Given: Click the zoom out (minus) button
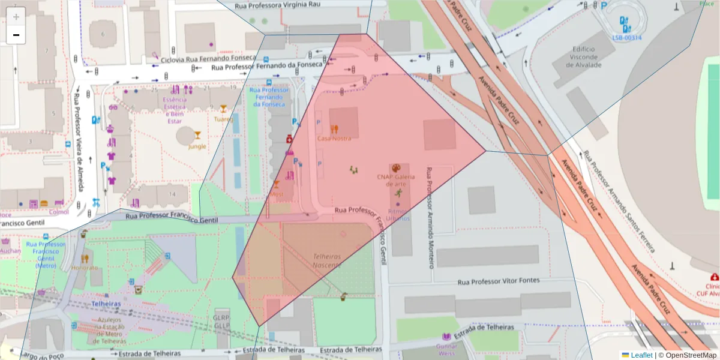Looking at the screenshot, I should pyautogui.click(x=16, y=35).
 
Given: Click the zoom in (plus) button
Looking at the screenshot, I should pyautogui.click(x=16, y=17).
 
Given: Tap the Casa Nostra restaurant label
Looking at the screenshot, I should pyautogui.click(x=334, y=139).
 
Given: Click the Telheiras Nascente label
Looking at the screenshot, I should pyautogui.click(x=326, y=260).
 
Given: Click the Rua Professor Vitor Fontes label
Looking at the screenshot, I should pyautogui.click(x=498, y=281).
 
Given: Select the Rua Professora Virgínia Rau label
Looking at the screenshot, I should pyautogui.click(x=277, y=5).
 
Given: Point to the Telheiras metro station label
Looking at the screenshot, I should pyautogui.click(x=106, y=304).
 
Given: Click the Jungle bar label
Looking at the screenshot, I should pyautogui.click(x=197, y=146).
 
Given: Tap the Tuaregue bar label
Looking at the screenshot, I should pyautogui.click(x=223, y=119).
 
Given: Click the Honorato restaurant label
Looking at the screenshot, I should pyautogui.click(x=85, y=268).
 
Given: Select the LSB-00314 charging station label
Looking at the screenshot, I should pyautogui.click(x=626, y=37).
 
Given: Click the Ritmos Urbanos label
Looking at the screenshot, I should pyautogui.click(x=399, y=215).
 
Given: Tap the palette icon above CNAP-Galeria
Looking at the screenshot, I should pyautogui.click(x=396, y=168).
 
